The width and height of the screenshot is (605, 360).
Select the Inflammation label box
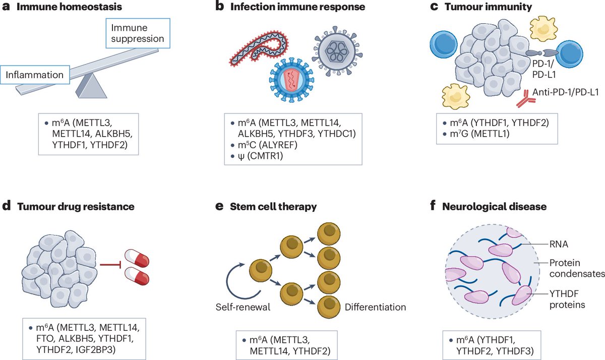click(36, 76)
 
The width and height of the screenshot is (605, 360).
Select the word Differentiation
click(375, 307)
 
